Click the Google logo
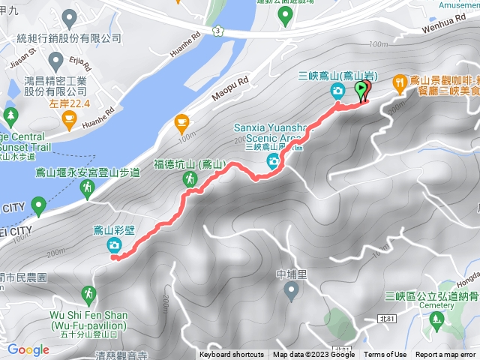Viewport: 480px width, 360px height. pos(28,349)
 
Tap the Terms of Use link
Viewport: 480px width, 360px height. pos(385,355)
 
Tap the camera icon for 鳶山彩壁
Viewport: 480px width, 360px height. pos(113,244)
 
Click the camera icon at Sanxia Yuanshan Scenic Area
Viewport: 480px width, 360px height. pos(274,160)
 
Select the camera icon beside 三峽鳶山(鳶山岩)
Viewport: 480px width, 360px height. pos(337,91)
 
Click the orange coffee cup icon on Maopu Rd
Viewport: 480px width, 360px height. pos(181,121)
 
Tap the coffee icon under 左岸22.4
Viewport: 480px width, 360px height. pos(69,118)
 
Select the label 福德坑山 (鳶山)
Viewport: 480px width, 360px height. pos(190,163)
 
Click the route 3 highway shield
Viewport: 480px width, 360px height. pos(217,28)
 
